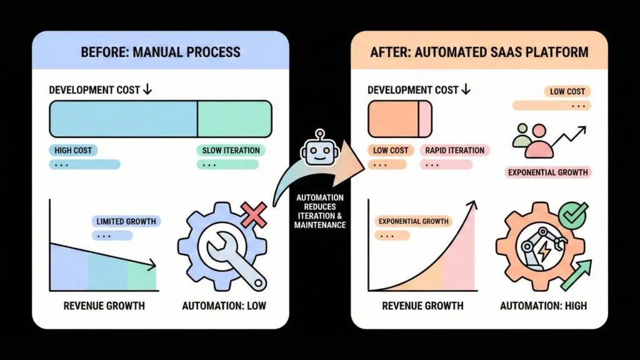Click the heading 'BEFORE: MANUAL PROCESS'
pyautogui.click(x=160, y=51)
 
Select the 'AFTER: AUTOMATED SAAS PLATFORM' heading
pyautogui.click(x=479, y=51)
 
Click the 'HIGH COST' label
pyautogui.click(x=73, y=151)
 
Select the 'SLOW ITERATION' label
pyautogui.click(x=231, y=151)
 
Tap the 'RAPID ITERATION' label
pyautogui.click(x=454, y=151)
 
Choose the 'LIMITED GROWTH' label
pyautogui.click(x=126, y=221)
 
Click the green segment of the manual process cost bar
pyautogui.click(x=234, y=119)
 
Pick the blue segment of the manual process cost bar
pyautogui.click(x=123, y=119)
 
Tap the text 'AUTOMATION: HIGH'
pyautogui.click(x=544, y=306)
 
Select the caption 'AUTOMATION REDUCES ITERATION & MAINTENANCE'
pyautogui.click(x=319, y=211)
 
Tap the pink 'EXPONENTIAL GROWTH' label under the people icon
pyautogui.click(x=548, y=172)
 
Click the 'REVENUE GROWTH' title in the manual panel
pyautogui.click(x=104, y=306)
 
